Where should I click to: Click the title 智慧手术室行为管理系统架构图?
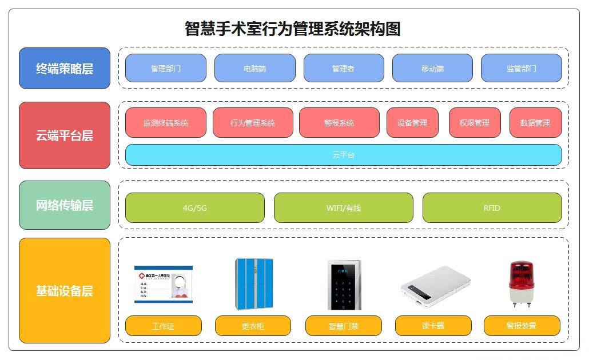coord(292,29)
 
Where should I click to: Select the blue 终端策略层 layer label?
coord(64,69)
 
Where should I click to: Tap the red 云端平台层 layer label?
coord(64,135)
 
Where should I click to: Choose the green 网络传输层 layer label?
coord(64,205)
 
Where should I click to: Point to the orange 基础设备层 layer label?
coord(64,290)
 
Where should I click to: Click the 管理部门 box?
coord(165,69)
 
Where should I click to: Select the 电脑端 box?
coord(254,69)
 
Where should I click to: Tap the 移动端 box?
coord(432,69)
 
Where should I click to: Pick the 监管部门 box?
coord(521,69)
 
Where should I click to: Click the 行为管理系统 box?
coord(252,123)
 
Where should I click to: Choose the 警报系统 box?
coord(339,123)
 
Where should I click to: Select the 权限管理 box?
coord(474,123)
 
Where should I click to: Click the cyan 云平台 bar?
coord(343,155)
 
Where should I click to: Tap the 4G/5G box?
coord(194,208)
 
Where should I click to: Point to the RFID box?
coord(492,208)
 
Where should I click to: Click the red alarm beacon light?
coord(521,283)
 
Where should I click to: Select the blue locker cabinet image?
coord(253,283)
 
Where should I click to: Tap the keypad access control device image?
coord(344,285)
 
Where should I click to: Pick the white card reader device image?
coord(435,285)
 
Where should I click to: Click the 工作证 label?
coord(163,326)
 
